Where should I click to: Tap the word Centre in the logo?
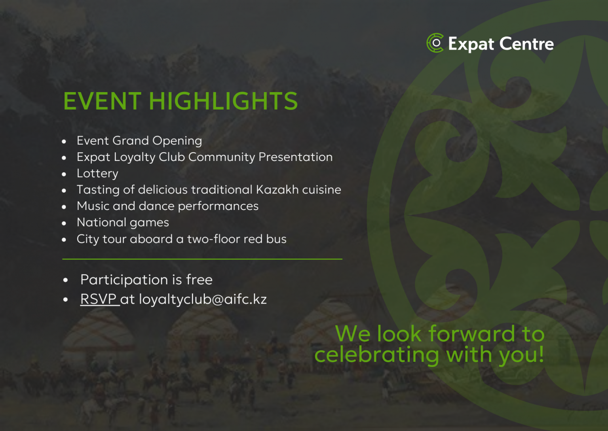coord(526,43)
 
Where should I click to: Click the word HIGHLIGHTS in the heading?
coord(223,101)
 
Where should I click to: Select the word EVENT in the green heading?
coord(103,101)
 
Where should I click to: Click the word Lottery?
coord(97,174)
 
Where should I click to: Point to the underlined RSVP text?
coord(100,299)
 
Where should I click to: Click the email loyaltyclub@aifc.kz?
coord(203,300)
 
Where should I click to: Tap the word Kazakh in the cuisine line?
coord(277,190)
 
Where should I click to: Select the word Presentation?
coord(295,157)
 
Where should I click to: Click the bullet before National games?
coord(64,223)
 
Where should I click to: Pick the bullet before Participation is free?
coord(65,280)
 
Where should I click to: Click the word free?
coord(199,280)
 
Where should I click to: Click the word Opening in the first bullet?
coord(177,141)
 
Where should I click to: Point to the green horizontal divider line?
coord(202,259)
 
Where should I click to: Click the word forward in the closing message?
coord(471,333)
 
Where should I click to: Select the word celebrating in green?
coord(376,355)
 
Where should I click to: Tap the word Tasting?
coord(98,190)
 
